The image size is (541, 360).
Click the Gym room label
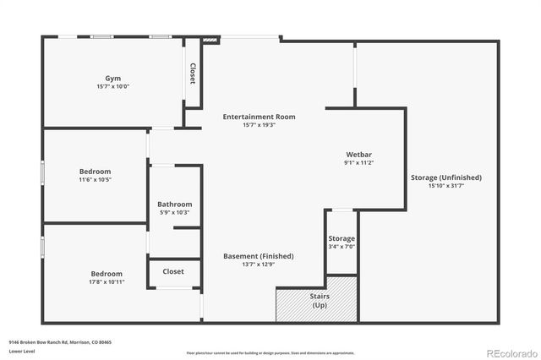[112, 77]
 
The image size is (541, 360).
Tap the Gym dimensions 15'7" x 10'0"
[112, 85]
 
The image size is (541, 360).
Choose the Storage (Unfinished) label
[446, 177]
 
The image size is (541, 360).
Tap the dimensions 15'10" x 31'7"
[446, 186]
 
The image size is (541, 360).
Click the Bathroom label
[175, 204]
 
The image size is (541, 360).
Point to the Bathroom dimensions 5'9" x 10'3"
[175, 212]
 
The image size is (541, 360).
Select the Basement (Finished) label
[258, 256]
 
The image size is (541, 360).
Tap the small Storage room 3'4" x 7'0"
[342, 243]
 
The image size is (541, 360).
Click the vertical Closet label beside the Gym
[193, 74]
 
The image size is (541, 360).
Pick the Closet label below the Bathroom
[173, 271]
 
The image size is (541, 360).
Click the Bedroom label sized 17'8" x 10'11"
[107, 274]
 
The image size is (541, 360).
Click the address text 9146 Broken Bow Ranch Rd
[60, 342]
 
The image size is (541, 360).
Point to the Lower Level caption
[21, 351]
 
